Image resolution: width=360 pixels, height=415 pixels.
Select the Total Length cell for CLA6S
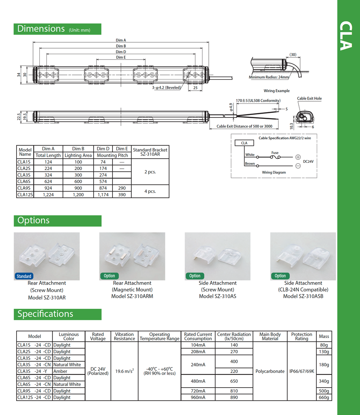(x=48, y=181)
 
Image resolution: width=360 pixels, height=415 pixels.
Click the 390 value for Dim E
(x=122, y=194)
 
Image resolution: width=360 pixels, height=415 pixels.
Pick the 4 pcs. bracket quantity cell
(x=150, y=191)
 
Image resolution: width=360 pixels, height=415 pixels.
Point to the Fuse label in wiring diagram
(x=275, y=153)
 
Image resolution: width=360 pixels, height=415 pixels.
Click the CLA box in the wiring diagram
(x=244, y=143)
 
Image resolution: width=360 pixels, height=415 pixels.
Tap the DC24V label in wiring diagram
(x=308, y=161)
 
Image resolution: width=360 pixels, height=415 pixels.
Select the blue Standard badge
(x=24, y=276)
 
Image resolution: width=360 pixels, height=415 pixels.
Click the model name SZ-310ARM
(x=132, y=296)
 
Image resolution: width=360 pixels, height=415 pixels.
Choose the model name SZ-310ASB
(x=303, y=296)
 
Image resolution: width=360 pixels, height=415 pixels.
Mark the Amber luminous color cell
(x=60, y=371)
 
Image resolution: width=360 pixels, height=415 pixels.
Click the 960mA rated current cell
(x=198, y=397)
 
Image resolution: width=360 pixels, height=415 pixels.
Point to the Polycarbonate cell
(x=270, y=371)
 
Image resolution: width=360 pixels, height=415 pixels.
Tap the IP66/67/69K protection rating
(x=302, y=371)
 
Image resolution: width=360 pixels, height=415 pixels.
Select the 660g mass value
(x=324, y=397)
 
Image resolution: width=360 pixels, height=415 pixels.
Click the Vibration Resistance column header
(x=124, y=337)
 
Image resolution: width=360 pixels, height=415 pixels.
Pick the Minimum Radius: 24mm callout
(x=269, y=77)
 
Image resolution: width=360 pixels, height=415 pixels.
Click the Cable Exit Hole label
(x=309, y=98)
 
